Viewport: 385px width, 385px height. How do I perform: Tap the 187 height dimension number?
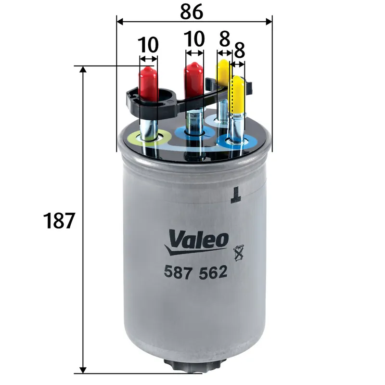tap(59, 220)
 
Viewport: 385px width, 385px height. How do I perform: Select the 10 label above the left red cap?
tap(149, 45)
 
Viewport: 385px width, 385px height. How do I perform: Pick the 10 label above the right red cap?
tap(194, 38)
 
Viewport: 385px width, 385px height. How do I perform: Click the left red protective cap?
tap(149, 82)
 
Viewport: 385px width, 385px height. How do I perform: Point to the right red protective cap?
tap(193, 78)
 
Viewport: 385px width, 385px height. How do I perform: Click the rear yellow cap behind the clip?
tap(223, 71)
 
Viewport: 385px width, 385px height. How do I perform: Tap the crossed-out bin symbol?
tap(236, 253)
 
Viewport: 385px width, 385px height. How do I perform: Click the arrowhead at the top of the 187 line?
tap(84, 70)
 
